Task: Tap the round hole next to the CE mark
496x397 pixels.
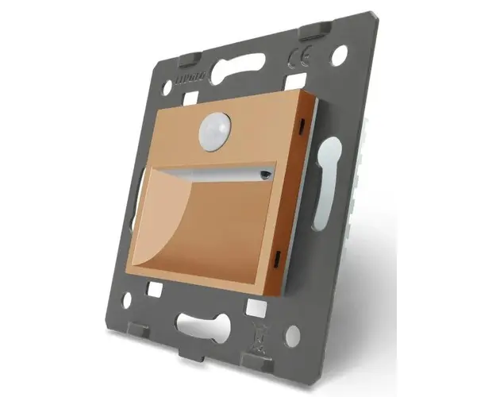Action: coord(339,55)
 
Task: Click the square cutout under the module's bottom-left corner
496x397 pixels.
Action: coord(155,291)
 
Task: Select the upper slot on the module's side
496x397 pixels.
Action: coord(302,125)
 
